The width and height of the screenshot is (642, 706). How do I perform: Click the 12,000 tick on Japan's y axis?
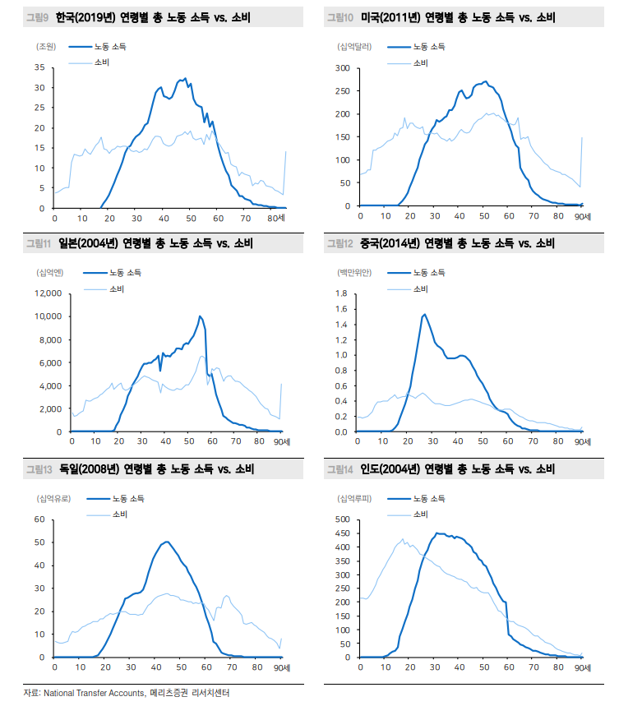pyautogui.click(x=48, y=293)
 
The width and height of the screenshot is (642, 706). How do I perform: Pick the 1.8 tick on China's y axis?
pyautogui.click(x=345, y=293)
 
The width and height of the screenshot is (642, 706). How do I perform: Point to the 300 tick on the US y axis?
pyautogui.click(x=344, y=67)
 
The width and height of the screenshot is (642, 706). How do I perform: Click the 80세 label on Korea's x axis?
pyautogui.click(x=275, y=218)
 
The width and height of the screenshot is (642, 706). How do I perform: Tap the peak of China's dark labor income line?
pyautogui.click(x=424, y=314)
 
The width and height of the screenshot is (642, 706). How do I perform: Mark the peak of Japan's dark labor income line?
pyautogui.click(x=200, y=316)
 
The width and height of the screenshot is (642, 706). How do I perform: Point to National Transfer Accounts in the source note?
pyautogui.click(x=94, y=694)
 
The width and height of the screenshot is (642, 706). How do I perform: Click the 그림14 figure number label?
pyautogui.click(x=339, y=469)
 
